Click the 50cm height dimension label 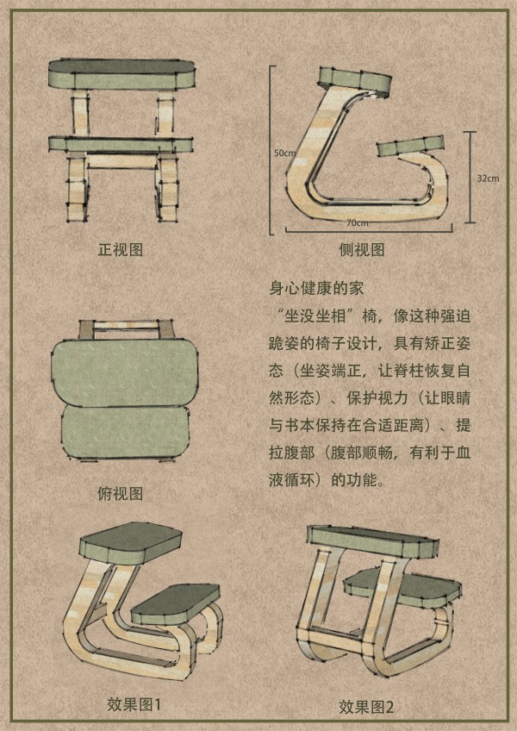[283, 153]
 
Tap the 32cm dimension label [488, 178]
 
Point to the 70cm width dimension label [357, 222]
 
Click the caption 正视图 [121, 250]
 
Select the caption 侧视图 [362, 250]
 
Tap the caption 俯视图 [121, 493]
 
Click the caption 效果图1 [134, 704]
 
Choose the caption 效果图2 [366, 706]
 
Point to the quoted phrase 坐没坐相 [320, 316]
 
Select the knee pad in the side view [410, 146]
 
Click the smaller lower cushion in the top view [126, 433]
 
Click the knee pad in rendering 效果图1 [176, 603]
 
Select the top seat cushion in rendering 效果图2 [373, 540]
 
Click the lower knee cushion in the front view [121, 144]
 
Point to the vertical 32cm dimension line [470, 178]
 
